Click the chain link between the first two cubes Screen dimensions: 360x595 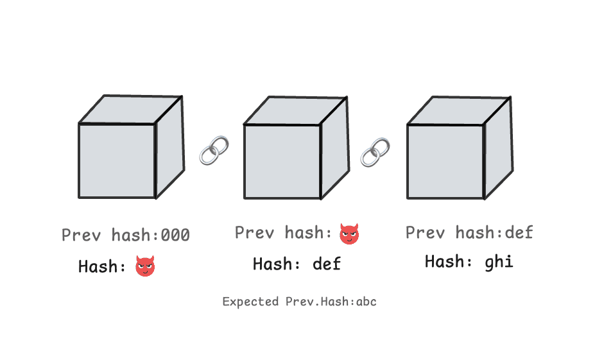click(x=214, y=150)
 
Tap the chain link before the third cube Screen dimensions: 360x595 click(x=375, y=151)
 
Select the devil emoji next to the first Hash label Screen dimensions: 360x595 click(x=145, y=266)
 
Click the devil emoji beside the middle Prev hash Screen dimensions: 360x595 click(x=349, y=234)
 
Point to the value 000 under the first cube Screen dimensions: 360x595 click(x=175, y=236)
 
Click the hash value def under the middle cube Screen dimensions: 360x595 click(x=327, y=263)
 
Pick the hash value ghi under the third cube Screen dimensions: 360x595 click(x=500, y=261)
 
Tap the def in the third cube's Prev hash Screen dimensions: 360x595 click(x=519, y=232)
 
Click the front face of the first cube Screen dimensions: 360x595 click(x=117, y=160)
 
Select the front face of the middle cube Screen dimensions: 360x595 click(x=282, y=161)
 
